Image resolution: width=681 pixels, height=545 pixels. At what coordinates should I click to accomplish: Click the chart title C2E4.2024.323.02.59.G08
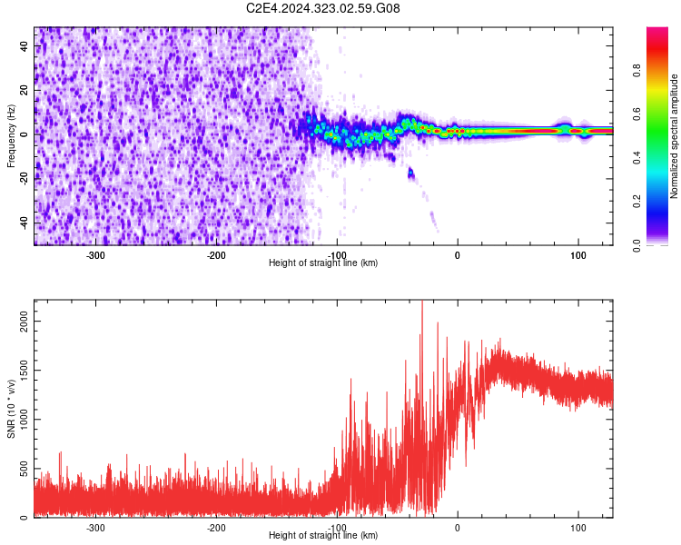coord(323,8)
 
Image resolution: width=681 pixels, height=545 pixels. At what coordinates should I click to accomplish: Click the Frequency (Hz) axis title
coord(11,136)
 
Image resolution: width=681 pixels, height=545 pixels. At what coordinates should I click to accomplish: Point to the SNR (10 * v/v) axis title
coord(11,409)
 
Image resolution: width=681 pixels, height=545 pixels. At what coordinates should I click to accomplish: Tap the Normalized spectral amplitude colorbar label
coord(675,136)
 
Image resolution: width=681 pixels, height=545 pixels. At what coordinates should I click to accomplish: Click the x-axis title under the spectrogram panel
coord(323,263)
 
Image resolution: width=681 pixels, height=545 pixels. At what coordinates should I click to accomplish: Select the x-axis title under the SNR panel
coord(323,535)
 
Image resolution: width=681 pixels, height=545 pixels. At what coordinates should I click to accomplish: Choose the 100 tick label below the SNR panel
coord(577,528)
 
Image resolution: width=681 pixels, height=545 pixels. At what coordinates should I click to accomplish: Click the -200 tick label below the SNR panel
coord(216,528)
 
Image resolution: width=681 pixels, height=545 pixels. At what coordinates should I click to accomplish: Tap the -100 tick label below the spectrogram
coord(337,255)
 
